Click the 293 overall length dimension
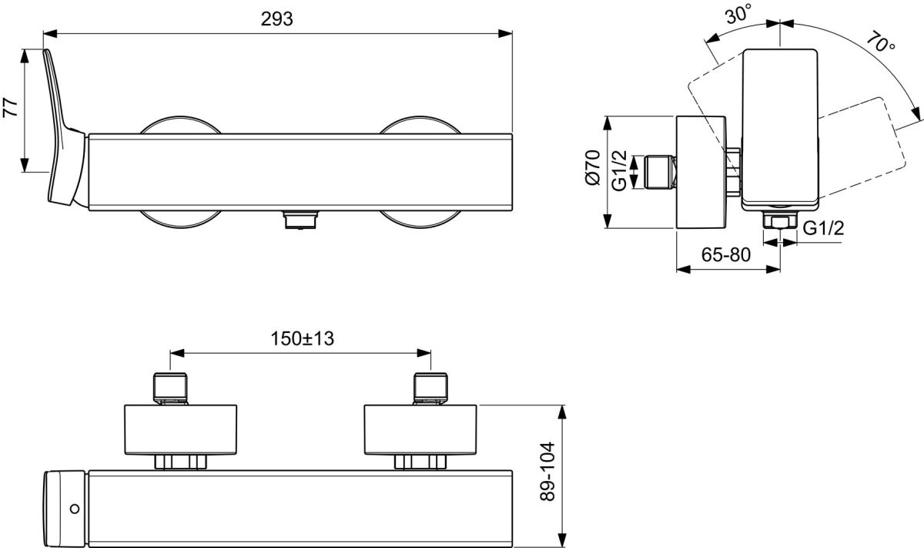coord(276,19)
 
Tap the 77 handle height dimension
coord(11,108)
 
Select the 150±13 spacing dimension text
coord(302,338)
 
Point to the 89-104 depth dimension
coord(547,471)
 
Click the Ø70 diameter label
coord(592,167)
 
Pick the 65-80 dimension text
coord(726,255)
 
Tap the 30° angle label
coord(738,14)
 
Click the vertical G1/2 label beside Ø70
coord(619,170)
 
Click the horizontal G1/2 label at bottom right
coord(823,228)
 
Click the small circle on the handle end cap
coord(75,509)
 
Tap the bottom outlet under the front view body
coord(300,220)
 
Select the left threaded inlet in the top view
coord(170,388)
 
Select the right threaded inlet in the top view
coord(430,388)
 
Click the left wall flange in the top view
coord(181,429)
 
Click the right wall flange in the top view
coord(420,429)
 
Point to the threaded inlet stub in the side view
coord(661,171)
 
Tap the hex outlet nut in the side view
coord(779,220)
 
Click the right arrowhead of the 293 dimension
coord(505,34)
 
